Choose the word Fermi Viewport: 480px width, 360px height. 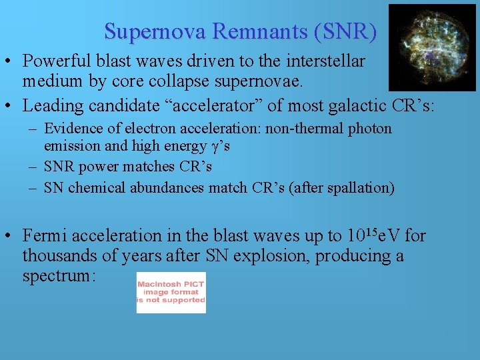click(45, 236)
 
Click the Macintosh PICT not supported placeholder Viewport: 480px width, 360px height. click(171, 292)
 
